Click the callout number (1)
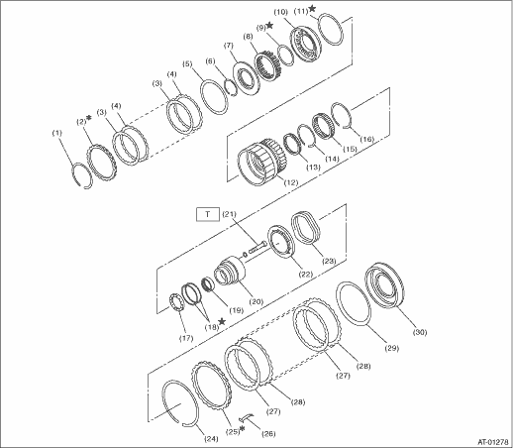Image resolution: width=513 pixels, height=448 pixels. pos(57,133)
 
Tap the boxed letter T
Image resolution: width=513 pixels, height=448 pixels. pos(208,214)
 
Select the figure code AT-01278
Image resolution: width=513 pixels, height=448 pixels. pos(493,441)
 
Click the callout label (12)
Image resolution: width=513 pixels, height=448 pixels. pos(291,182)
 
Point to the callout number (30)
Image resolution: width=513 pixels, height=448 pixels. pos(420,332)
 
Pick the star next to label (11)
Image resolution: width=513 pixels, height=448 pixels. pos(312,9)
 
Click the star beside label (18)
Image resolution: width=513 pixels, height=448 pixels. pos(222,321)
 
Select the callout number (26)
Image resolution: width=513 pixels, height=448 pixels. pos(267,434)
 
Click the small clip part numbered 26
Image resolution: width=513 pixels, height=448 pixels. pos(246,417)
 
